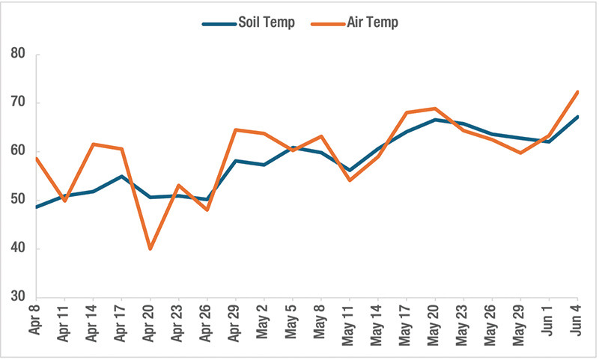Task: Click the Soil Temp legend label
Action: (x=265, y=22)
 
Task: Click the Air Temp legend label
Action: (x=372, y=22)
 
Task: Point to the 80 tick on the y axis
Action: (x=19, y=54)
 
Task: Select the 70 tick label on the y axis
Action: (x=19, y=103)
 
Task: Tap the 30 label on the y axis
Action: (x=19, y=297)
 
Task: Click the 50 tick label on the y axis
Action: (x=19, y=200)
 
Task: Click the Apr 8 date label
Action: (x=36, y=321)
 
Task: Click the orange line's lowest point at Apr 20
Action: (x=150, y=248)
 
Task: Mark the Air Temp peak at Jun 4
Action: (x=577, y=92)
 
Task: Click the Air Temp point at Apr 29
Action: (x=235, y=129)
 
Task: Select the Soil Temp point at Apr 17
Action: (x=121, y=176)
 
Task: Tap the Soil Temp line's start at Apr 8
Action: (x=36, y=207)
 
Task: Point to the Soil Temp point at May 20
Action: (x=435, y=120)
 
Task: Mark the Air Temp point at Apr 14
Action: (x=93, y=144)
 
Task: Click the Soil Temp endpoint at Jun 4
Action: (x=577, y=117)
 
